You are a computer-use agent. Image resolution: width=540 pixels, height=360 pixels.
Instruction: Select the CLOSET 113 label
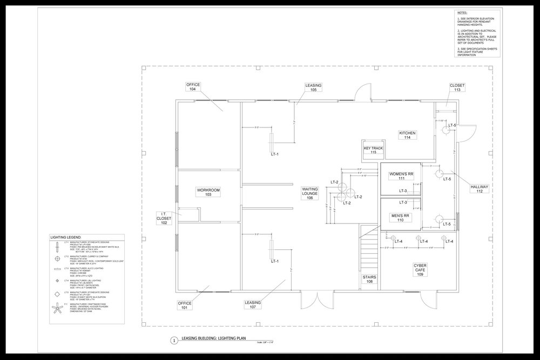457,88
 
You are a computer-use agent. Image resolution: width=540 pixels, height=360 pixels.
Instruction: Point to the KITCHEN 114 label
408,135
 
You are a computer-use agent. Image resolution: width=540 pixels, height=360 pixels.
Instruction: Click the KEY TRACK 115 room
373,150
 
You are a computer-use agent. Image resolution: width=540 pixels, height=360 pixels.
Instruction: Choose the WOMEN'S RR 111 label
401,176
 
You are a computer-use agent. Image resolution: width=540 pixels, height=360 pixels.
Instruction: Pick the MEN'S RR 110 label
401,218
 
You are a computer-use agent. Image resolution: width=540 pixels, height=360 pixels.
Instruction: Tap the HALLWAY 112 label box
479,189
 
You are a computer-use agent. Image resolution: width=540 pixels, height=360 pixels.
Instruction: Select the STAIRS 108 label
369,279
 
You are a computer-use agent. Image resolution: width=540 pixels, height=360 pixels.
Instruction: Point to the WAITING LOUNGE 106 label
310,194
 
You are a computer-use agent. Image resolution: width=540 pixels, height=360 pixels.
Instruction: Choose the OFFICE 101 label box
185,306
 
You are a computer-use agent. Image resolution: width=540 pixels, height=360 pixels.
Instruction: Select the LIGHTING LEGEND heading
66,237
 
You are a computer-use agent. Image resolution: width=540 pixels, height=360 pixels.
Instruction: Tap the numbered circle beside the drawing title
173,341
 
